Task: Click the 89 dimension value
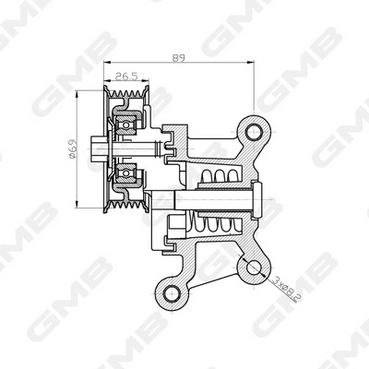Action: coord(178,58)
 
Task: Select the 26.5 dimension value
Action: coord(126,77)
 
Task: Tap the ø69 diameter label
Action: coord(71,149)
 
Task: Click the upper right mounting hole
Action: coord(255,132)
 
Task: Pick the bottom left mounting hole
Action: coord(172,293)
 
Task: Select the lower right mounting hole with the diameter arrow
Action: coord(254,267)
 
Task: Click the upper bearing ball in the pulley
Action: coord(125,125)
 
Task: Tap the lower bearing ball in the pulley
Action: coord(125,173)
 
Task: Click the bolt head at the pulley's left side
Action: coord(98,149)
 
